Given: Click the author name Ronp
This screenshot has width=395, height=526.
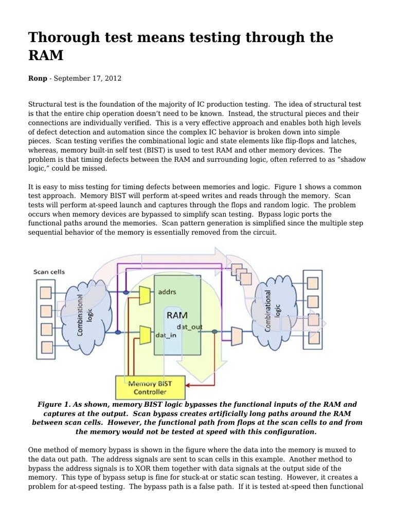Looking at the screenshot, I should (x=38, y=79).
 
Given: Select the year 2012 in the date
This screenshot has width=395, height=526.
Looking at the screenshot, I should (x=112, y=79).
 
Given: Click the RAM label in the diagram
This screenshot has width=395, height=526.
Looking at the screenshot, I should (x=176, y=314).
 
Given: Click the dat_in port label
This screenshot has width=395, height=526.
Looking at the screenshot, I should (x=166, y=336).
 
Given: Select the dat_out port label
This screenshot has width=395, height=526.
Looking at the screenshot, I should (x=189, y=327).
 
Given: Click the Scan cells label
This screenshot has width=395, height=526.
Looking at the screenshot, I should (x=49, y=272).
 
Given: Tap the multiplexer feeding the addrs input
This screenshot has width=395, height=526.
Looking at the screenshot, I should (x=145, y=293).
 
